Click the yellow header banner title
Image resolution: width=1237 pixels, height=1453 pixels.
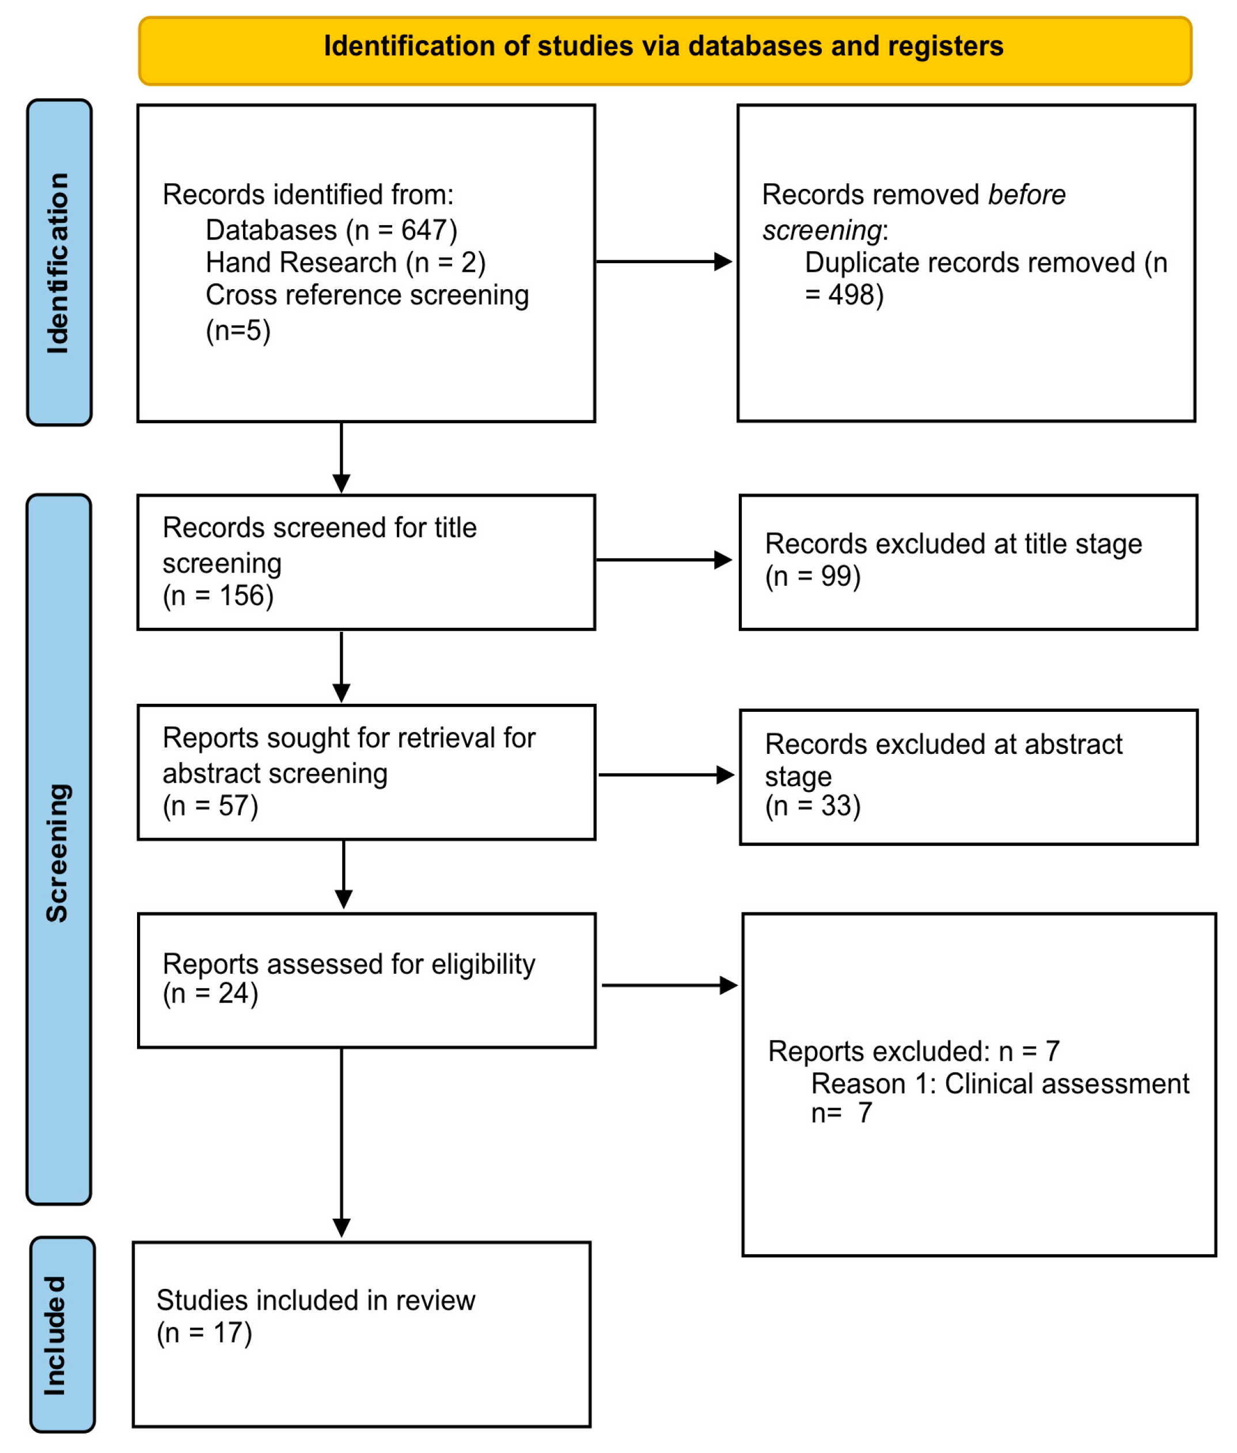tap(663, 46)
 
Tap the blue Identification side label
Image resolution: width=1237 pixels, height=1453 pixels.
tap(59, 263)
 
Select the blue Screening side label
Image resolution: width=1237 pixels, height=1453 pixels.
tap(59, 852)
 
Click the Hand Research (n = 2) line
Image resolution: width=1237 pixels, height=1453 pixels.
tap(345, 263)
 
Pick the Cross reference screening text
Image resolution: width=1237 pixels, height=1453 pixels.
tap(367, 295)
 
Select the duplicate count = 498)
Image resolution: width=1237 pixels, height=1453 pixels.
tap(844, 295)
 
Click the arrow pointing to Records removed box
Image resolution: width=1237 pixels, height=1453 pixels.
tap(663, 261)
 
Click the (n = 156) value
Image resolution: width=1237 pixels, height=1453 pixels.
tap(218, 596)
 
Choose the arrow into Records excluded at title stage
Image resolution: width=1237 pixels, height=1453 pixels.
tap(663, 560)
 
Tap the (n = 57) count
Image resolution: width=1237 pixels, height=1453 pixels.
tap(210, 806)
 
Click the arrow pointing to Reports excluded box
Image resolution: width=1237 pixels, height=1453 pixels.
tap(668, 985)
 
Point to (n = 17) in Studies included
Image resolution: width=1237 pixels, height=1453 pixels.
tap(204, 1333)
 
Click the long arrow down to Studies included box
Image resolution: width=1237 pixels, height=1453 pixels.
tap(341, 1143)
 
